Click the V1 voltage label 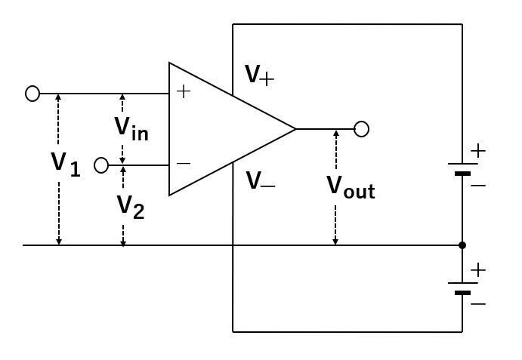[x=65, y=163]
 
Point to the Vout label [x=351, y=186]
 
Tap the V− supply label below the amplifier [x=260, y=181]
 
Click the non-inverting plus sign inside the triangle [x=183, y=92]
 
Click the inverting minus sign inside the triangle [x=183, y=163]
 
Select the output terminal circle [x=362, y=129]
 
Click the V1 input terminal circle [x=32, y=94]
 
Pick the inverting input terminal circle [x=101, y=165]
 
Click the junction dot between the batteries [x=462, y=245]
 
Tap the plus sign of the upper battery [x=477, y=151]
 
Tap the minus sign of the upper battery [x=477, y=184]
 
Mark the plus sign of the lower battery [x=477, y=269]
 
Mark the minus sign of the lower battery [x=477, y=303]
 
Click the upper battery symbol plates [x=462, y=168]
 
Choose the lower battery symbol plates [x=462, y=288]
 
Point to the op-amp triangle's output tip [x=295, y=129]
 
